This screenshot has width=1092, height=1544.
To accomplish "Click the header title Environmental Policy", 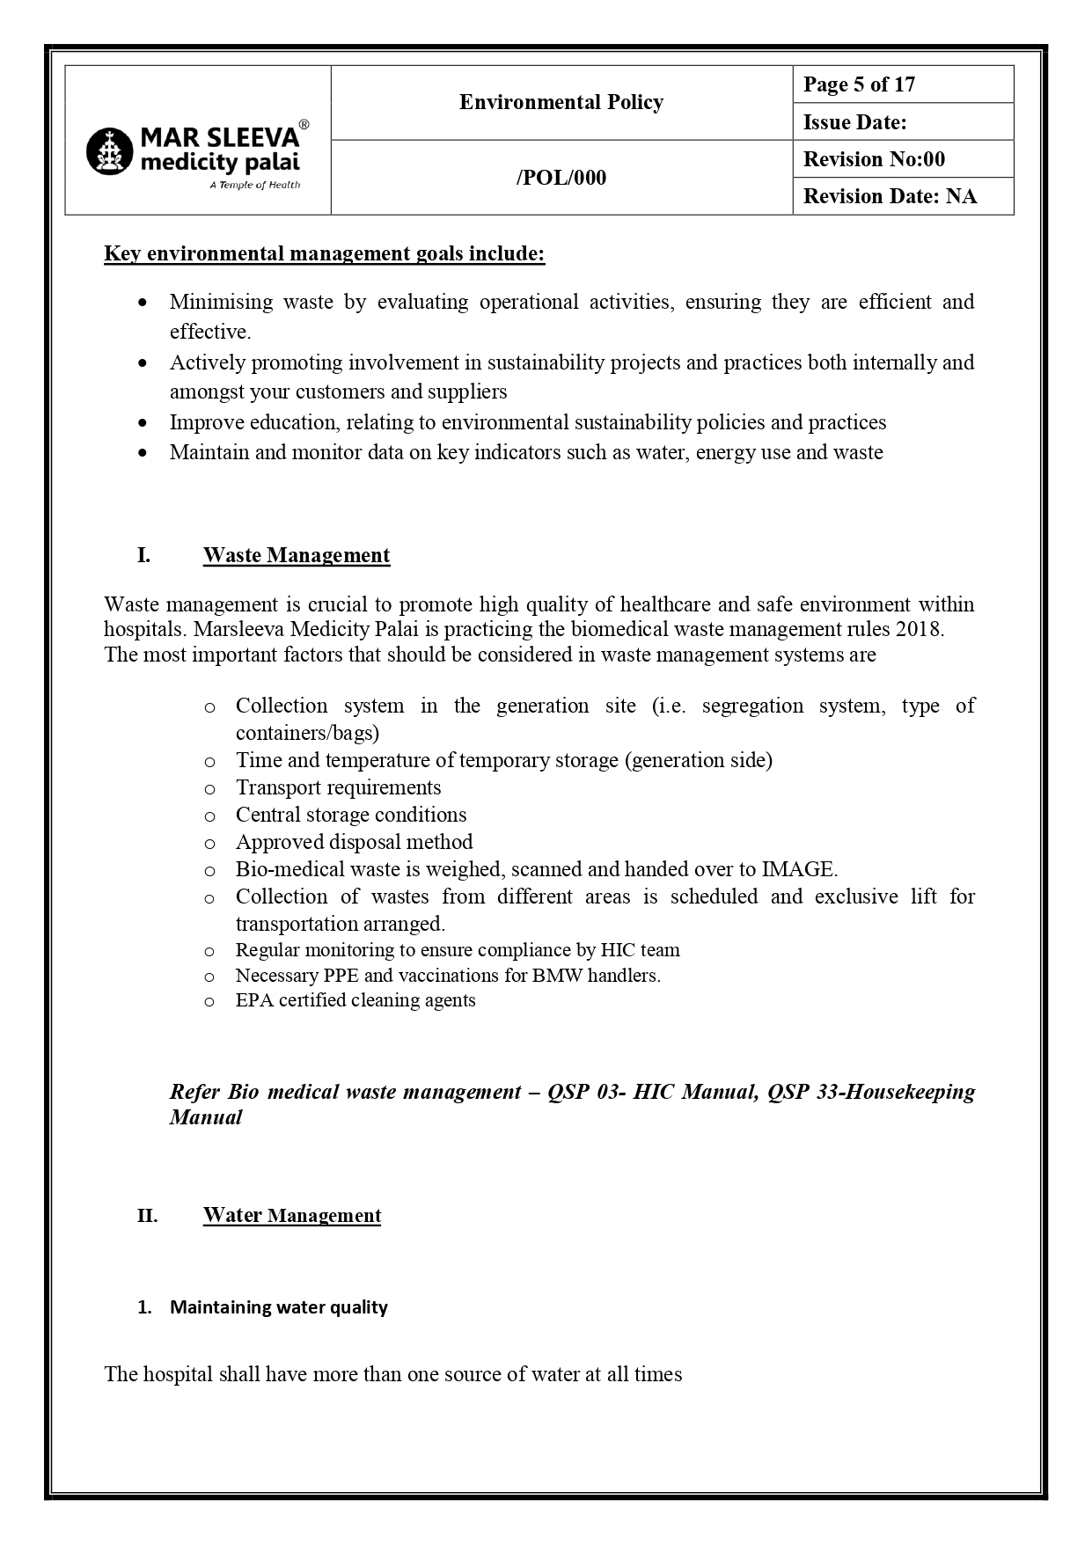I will click(561, 103).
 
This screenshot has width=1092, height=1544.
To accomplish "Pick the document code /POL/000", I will click(561, 178).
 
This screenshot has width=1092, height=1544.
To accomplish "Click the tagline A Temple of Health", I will click(254, 185).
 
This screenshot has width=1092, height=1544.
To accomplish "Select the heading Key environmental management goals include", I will click(324, 254).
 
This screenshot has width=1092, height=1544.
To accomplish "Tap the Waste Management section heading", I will click(296, 555).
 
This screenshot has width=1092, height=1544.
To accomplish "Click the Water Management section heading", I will click(291, 1216).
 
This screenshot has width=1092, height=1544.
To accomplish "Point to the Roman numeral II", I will click(147, 1217).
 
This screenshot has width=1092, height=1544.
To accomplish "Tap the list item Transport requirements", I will click(338, 787).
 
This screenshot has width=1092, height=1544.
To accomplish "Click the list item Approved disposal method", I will click(354, 842).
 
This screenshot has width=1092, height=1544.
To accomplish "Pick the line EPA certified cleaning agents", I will click(355, 1000).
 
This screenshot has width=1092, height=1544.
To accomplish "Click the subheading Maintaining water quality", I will click(278, 1307).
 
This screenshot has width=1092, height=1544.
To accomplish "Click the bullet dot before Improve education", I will click(143, 423).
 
